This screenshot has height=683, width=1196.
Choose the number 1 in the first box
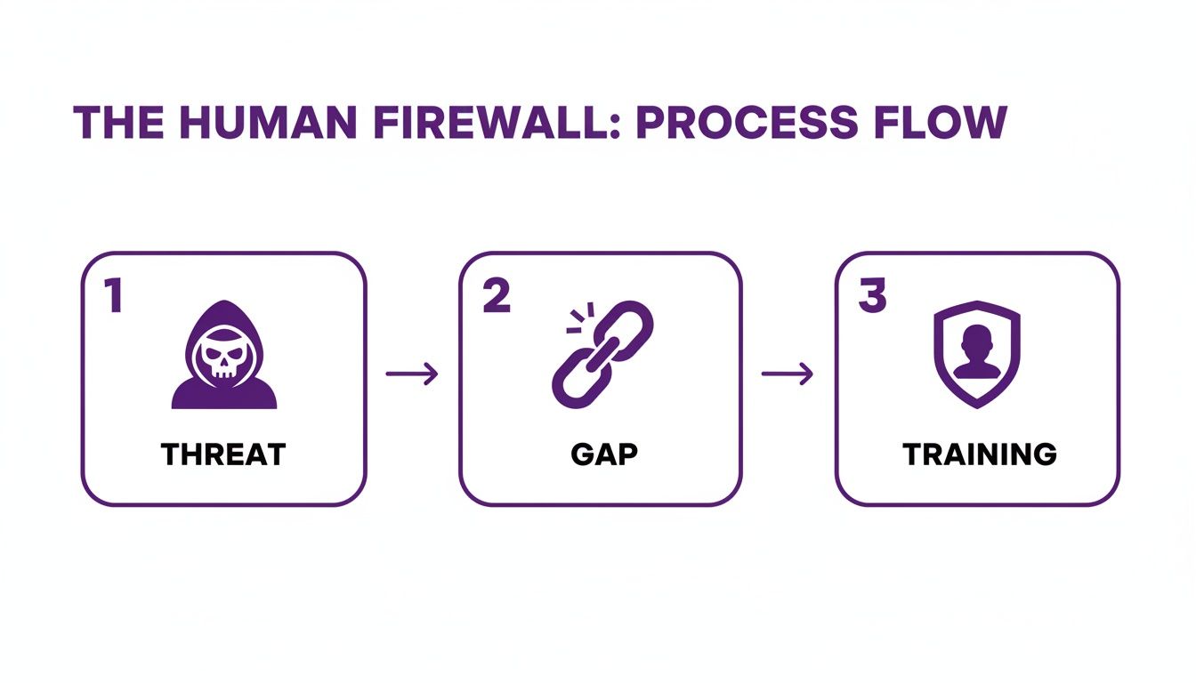[x=113, y=297]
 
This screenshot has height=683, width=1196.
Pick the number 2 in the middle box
[x=497, y=297]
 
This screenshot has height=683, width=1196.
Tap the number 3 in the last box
[x=872, y=297]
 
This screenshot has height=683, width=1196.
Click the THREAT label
[x=223, y=454]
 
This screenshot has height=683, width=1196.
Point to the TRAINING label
[x=979, y=454]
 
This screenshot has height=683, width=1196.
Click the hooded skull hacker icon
[x=224, y=355]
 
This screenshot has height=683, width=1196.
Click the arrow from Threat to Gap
[x=412, y=374]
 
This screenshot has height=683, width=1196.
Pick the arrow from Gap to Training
[x=788, y=374]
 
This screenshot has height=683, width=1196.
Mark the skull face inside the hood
[x=224, y=358]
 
